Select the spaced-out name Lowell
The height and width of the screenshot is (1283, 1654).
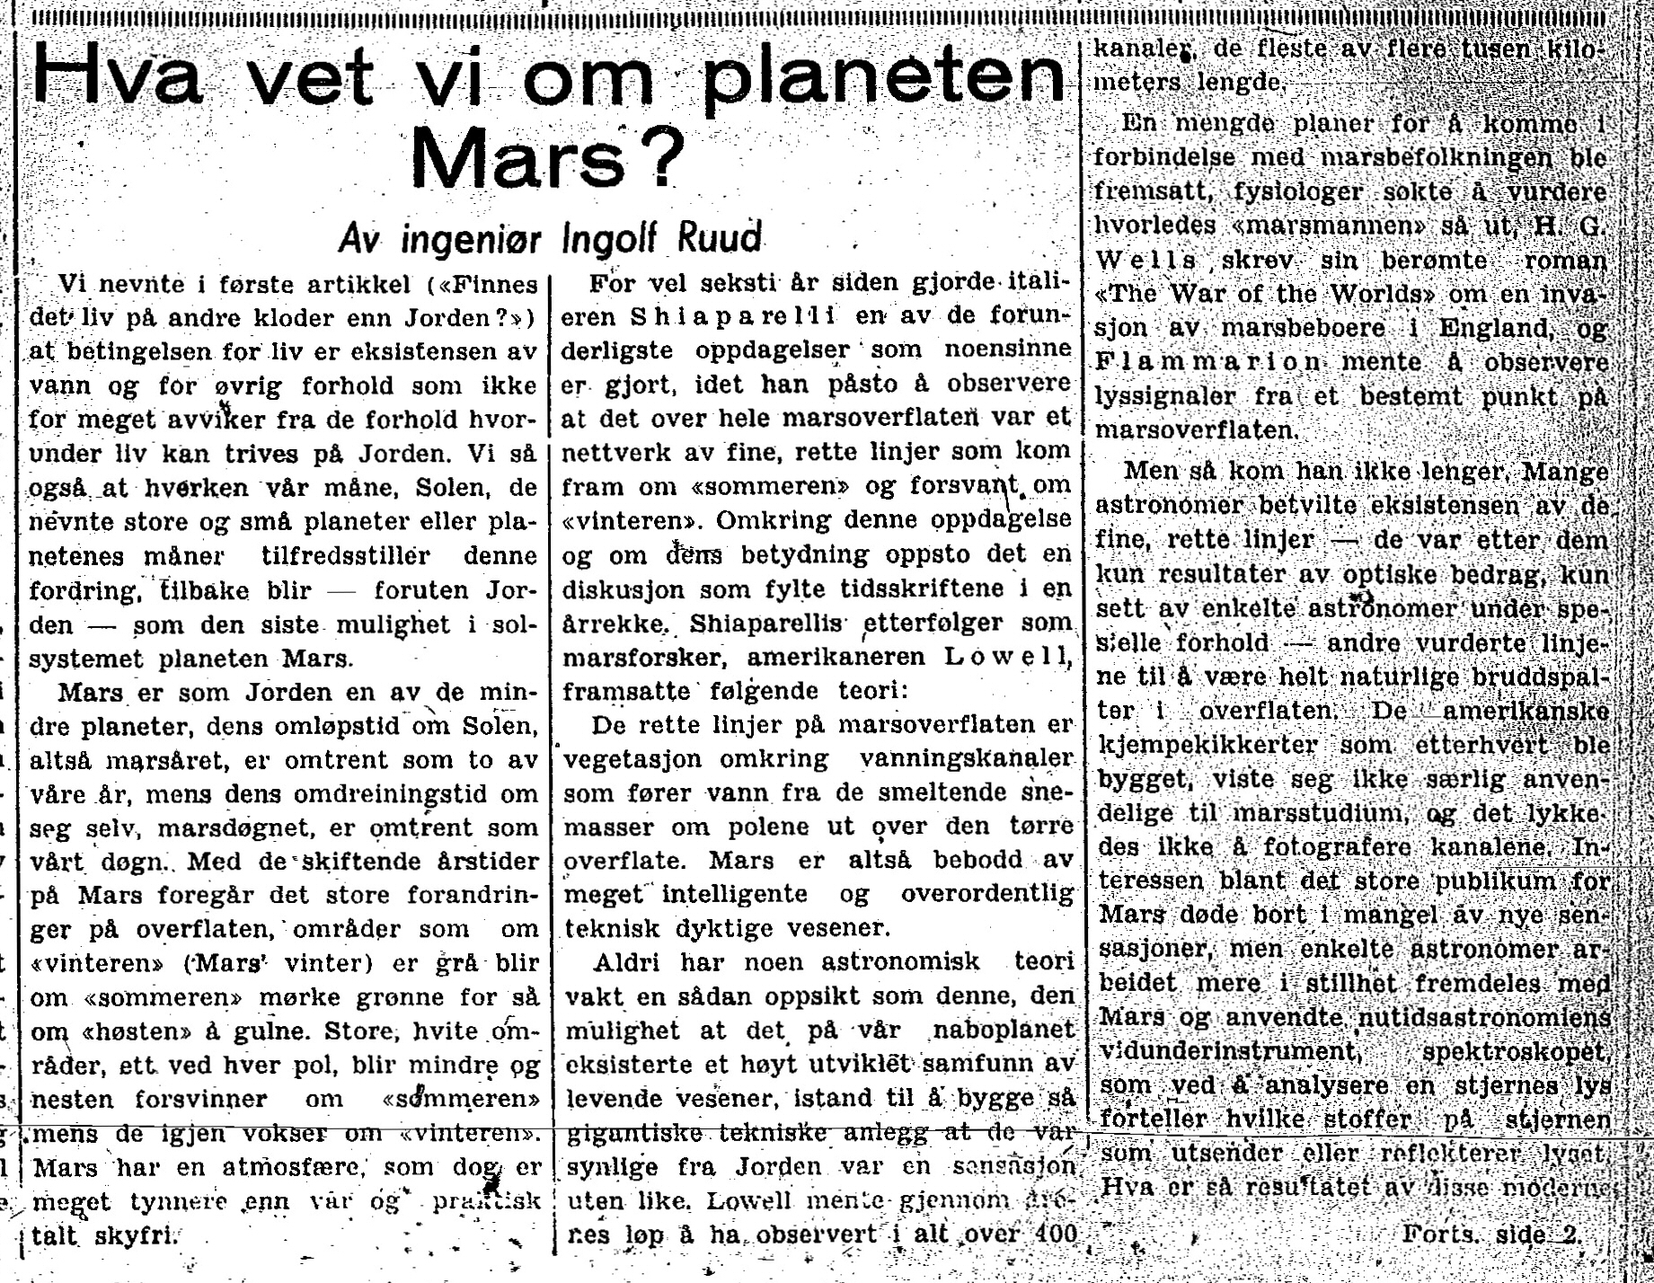[1004, 657]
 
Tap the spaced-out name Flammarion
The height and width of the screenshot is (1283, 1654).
[1207, 363]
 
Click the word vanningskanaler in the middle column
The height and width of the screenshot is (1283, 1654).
[966, 758]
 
